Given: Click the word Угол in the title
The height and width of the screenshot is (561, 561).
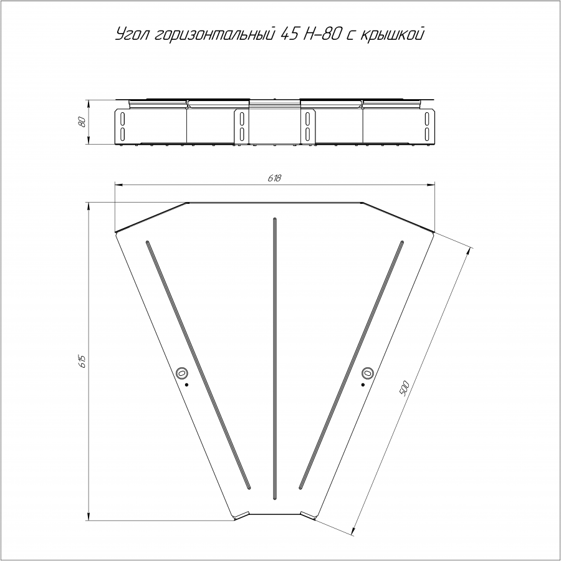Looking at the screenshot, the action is pos(133,35).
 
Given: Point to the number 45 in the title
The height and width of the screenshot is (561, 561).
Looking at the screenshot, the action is pos(289,34).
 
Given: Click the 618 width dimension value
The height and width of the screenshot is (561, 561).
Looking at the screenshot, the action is pos(274,178).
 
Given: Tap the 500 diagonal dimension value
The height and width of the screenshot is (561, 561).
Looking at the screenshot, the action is pos(404,389).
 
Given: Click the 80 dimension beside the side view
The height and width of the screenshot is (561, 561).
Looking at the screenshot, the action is pos(82,122).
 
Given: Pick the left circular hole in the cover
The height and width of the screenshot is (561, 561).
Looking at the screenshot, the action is pos(182,373).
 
